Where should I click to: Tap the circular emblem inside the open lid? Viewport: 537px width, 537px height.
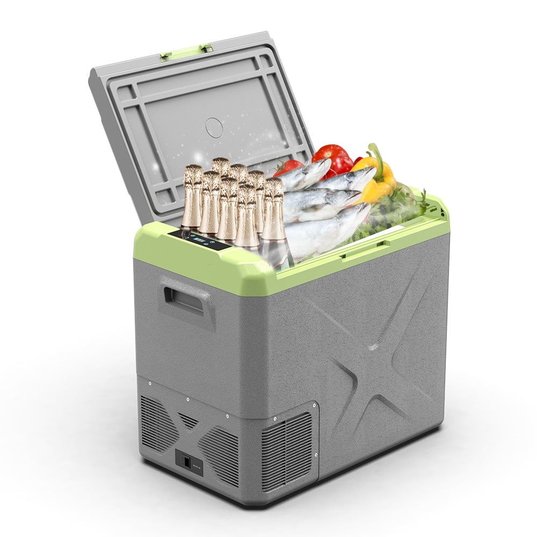(x=214, y=127)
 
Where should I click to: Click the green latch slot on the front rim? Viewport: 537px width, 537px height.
(x=365, y=249)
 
